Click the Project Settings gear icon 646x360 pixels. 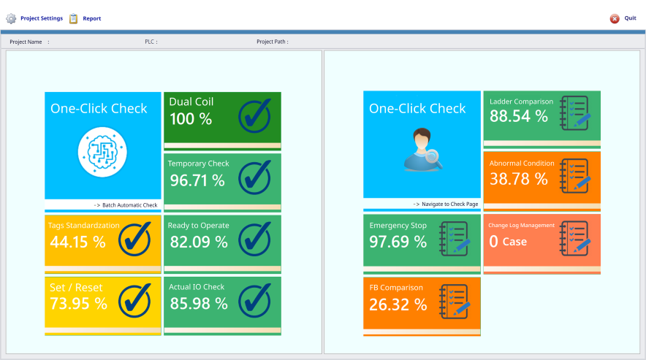[11, 18]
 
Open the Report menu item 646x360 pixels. [91, 18]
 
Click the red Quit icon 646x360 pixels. [615, 18]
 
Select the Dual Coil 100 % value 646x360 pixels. [191, 118]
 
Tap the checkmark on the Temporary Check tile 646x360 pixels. [254, 176]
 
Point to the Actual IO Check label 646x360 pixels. [197, 287]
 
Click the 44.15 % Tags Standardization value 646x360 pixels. [77, 242]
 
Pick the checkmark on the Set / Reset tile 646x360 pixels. [134, 299]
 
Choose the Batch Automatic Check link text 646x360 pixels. [126, 205]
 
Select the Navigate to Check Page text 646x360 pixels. [445, 204]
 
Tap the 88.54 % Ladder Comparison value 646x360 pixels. [518, 115]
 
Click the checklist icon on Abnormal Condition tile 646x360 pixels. [574, 175]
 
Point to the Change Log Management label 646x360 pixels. [521, 226]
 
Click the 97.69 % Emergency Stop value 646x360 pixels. [398, 242]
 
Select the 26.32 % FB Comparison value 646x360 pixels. [398, 305]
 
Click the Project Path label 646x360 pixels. [272, 42]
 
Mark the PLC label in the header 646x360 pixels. [151, 42]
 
